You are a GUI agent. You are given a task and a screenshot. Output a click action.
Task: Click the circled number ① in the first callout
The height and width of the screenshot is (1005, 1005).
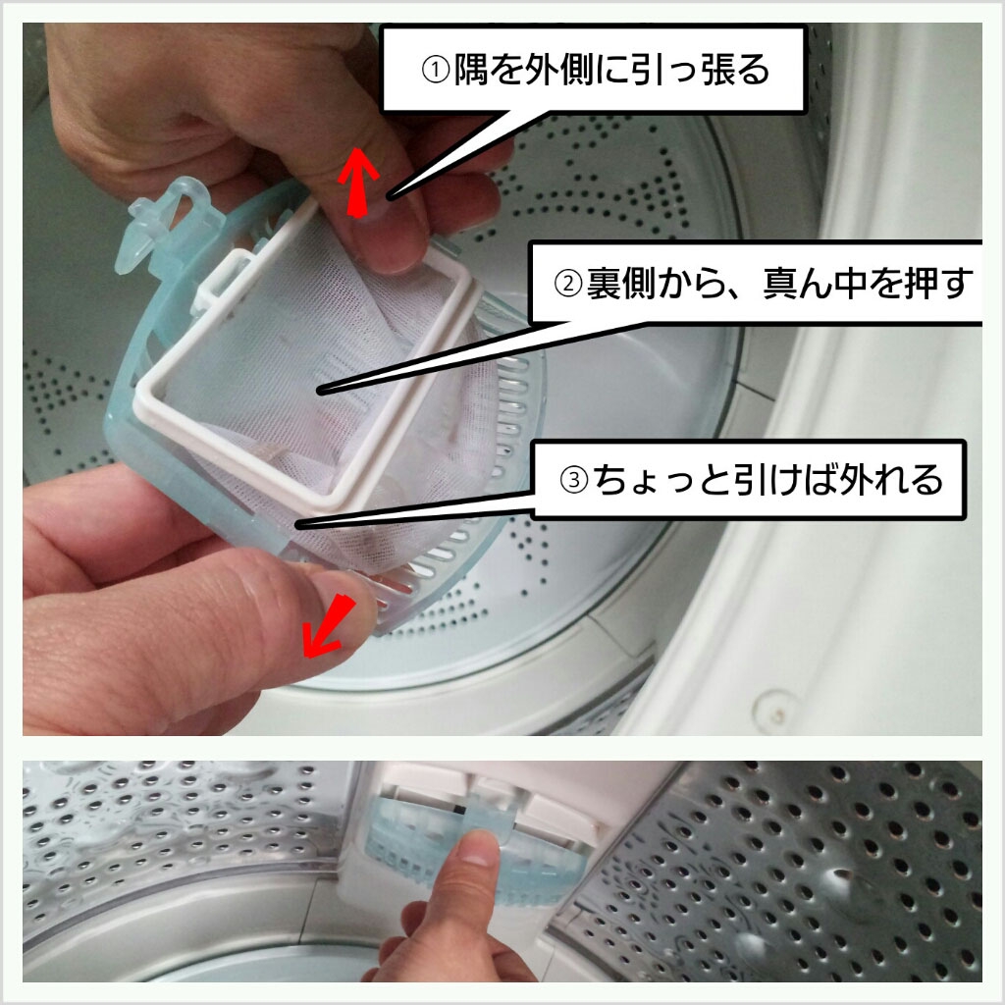pyautogui.click(x=435, y=70)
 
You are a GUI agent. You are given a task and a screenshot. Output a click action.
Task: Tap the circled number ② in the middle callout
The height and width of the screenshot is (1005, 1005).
pyautogui.click(x=568, y=284)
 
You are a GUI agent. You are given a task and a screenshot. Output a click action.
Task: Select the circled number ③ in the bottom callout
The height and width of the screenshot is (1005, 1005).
pyautogui.click(x=573, y=480)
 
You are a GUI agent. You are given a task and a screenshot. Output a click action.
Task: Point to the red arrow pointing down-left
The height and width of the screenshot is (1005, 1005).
pyautogui.click(x=329, y=627)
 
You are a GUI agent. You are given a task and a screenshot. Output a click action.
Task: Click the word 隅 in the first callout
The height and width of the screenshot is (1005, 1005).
pyautogui.click(x=471, y=70)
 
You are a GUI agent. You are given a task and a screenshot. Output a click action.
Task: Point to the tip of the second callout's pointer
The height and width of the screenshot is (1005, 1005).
pyautogui.click(x=319, y=391)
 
